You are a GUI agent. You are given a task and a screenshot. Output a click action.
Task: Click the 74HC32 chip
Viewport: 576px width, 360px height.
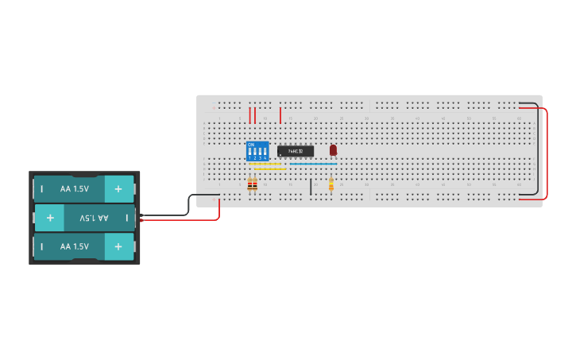(x=296, y=151)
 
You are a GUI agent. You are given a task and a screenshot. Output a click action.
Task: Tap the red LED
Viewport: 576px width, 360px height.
(x=333, y=149)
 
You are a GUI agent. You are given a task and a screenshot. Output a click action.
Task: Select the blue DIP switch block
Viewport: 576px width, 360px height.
(x=257, y=151)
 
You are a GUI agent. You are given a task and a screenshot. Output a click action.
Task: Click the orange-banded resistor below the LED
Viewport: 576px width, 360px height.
(x=331, y=185)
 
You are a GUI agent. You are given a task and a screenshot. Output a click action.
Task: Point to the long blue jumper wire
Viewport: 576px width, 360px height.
(x=313, y=164)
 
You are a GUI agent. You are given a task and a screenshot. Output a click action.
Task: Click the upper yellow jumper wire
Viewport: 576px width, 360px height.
(x=265, y=164)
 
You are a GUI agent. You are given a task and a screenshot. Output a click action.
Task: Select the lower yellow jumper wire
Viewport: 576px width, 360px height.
(x=270, y=169)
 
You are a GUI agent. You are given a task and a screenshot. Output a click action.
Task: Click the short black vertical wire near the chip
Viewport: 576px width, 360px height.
(x=311, y=187)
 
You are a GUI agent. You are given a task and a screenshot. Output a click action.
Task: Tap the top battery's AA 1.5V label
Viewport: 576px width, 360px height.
(x=75, y=189)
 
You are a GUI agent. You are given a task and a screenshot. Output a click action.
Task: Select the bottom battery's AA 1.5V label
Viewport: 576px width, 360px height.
(x=75, y=246)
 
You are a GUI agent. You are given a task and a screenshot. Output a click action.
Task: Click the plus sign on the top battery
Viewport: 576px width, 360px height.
(x=118, y=189)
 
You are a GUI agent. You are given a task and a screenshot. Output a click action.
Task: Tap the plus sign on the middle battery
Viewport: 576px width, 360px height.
(x=50, y=218)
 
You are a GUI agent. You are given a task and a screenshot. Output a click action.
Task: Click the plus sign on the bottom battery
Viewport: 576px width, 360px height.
(x=118, y=246)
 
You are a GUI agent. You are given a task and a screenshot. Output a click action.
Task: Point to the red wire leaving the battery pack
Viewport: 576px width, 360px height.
(x=183, y=220)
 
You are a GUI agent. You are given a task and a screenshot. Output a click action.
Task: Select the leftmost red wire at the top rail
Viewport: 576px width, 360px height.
(x=250, y=115)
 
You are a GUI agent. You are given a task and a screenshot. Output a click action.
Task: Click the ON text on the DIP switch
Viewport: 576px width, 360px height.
(x=251, y=145)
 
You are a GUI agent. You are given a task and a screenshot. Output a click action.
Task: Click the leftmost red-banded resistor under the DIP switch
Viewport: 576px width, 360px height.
(x=249, y=185)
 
